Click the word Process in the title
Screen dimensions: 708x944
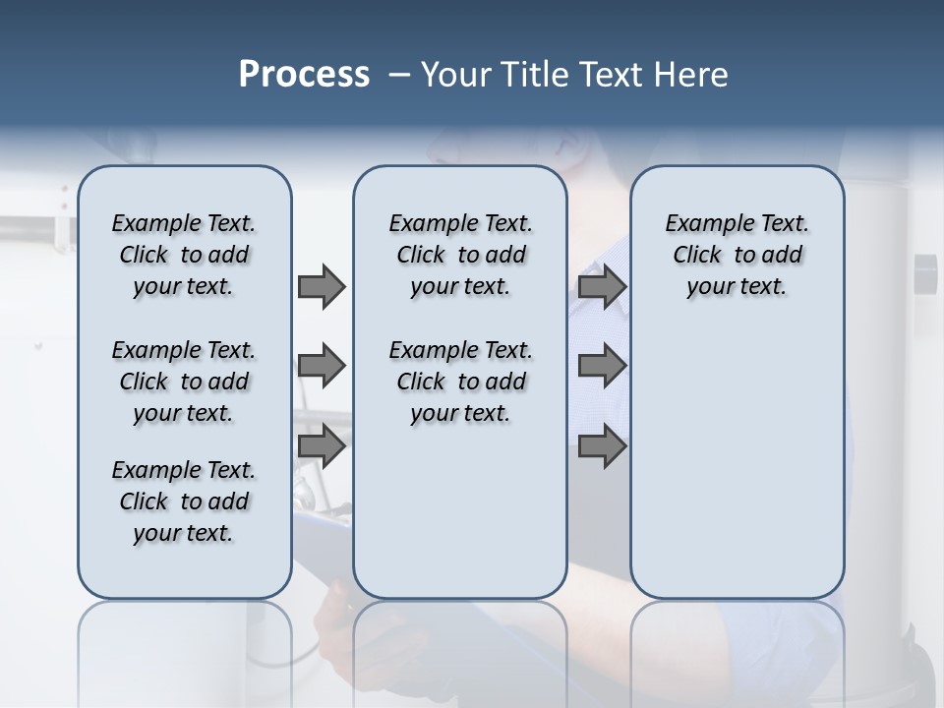(x=304, y=75)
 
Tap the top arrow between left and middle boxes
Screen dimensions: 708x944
(x=322, y=287)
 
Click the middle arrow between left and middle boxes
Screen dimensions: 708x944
(x=322, y=367)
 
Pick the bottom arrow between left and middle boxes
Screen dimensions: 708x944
(x=322, y=446)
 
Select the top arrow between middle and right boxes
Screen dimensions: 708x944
(x=602, y=287)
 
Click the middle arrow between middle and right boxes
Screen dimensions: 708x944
(x=602, y=367)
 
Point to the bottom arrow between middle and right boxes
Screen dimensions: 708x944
(x=602, y=446)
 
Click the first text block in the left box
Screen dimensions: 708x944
(x=184, y=256)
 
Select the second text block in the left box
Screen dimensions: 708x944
(x=184, y=382)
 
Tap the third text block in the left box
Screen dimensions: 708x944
(x=184, y=501)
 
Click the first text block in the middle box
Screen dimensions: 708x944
(x=460, y=256)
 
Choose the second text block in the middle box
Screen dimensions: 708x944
(x=460, y=382)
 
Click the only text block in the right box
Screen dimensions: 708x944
(x=737, y=256)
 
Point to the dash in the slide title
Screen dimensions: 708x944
(x=399, y=75)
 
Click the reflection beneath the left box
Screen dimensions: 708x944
(x=185, y=649)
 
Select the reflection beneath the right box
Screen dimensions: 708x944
(x=737, y=649)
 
